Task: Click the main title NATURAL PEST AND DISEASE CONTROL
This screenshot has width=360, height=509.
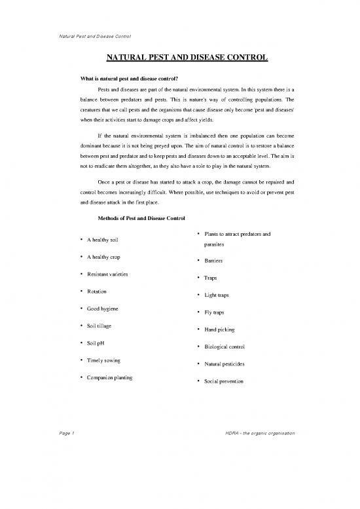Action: [x=187, y=58]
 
